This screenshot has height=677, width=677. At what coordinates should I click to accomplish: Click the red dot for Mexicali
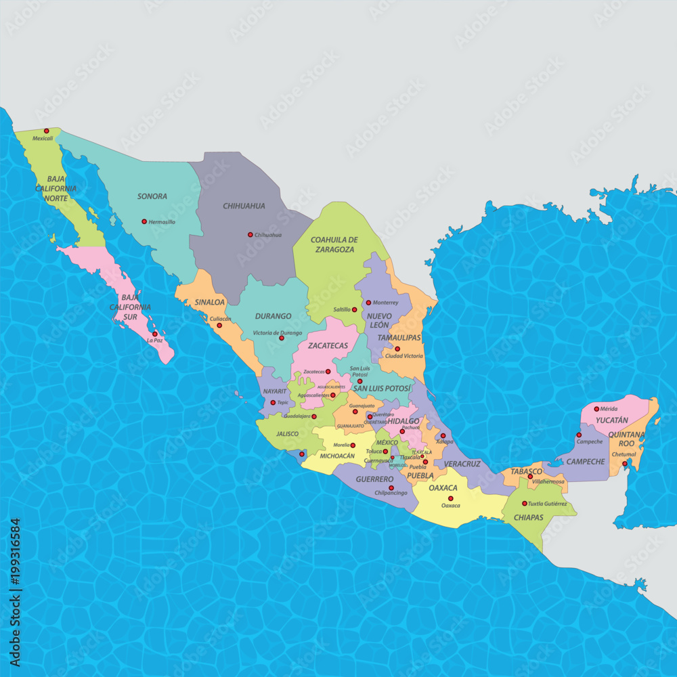47,131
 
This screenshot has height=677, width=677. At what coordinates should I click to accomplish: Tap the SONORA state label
152,196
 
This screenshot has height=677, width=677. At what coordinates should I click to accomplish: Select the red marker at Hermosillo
144,221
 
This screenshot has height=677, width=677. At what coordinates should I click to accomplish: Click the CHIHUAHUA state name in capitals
244,206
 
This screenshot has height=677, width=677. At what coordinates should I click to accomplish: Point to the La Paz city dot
155,334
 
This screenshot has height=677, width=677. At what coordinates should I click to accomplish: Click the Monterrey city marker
368,303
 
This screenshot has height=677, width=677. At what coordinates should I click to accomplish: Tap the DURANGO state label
274,316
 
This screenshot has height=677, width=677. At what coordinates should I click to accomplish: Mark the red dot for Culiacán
219,326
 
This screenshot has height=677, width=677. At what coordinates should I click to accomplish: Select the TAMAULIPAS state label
399,337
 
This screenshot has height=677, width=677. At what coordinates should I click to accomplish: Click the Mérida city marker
596,409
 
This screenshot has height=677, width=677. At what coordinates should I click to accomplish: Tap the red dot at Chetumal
624,464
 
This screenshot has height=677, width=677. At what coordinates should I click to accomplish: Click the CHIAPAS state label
528,517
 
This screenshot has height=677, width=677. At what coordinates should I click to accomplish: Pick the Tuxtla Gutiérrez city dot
524,503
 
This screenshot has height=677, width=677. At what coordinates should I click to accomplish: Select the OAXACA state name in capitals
443,487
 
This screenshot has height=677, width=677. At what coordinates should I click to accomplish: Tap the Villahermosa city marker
529,477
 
